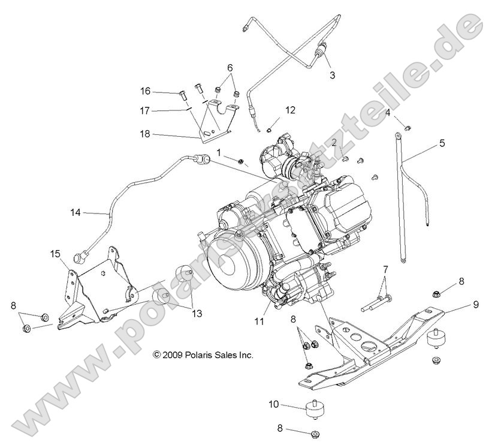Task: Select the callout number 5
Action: (442, 143)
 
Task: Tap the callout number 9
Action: (475, 304)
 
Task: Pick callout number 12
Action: (290, 110)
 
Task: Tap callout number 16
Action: (146, 91)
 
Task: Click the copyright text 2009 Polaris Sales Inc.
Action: (203, 355)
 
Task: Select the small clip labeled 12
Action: (270, 126)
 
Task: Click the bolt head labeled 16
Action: (180, 94)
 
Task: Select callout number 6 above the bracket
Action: (230, 68)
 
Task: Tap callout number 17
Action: (146, 110)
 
